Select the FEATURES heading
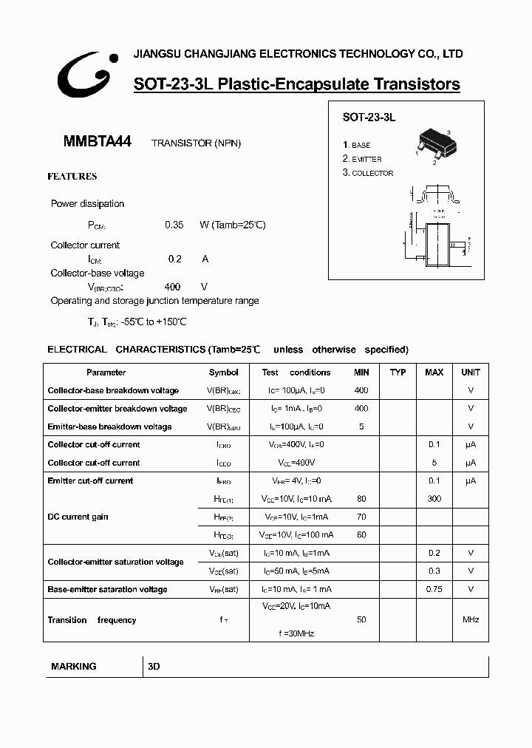click(72, 177)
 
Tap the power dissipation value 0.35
click(174, 225)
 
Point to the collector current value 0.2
click(174, 259)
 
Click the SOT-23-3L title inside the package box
click(369, 118)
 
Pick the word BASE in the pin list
click(361, 146)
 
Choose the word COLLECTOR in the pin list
click(372, 173)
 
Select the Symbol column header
click(223, 373)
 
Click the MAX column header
click(434, 373)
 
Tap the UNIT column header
click(471, 373)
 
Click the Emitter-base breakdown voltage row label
click(109, 426)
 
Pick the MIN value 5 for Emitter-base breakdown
click(361, 426)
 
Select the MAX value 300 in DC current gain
click(434, 499)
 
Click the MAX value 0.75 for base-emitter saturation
click(434, 589)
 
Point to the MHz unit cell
click(471, 619)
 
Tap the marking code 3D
click(154, 666)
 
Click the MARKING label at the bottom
click(74, 666)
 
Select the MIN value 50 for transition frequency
click(361, 619)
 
